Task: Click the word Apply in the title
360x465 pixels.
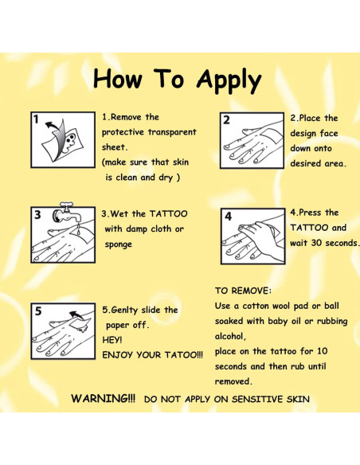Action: pyautogui.click(x=229, y=80)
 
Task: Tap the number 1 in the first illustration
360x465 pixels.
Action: pyautogui.click(x=36, y=119)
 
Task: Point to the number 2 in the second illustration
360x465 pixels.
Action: pyautogui.click(x=226, y=120)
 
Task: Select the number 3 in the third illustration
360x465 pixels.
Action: pyautogui.click(x=37, y=214)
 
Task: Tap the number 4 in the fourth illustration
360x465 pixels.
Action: pyautogui.click(x=228, y=217)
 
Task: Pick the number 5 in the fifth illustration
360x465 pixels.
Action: pyautogui.click(x=38, y=311)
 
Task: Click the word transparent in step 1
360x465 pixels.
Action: pyautogui.click(x=172, y=132)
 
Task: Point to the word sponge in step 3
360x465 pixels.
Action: pyautogui.click(x=119, y=245)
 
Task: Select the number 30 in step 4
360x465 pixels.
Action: pyautogui.click(x=317, y=243)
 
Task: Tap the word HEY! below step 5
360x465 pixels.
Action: pyautogui.click(x=112, y=340)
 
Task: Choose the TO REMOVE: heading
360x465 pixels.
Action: pyautogui.click(x=243, y=291)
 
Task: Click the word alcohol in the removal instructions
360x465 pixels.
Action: pyautogui.click(x=229, y=336)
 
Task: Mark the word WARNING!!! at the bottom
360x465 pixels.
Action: pyautogui.click(x=104, y=398)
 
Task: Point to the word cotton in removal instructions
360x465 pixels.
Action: pyautogui.click(x=256, y=306)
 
